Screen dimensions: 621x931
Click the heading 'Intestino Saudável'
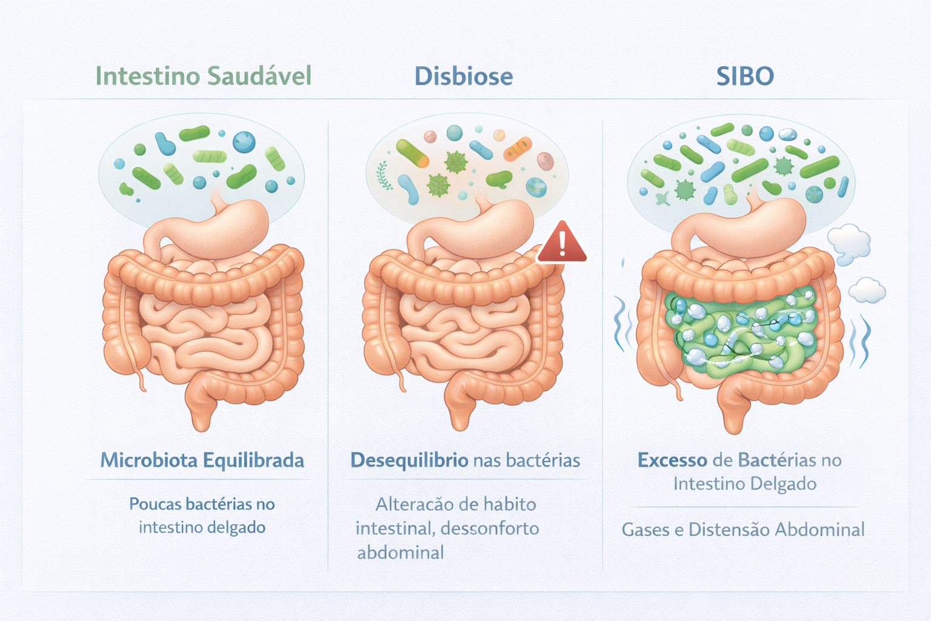[204, 76]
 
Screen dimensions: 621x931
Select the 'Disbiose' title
[464, 76]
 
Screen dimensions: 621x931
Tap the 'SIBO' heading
[745, 76]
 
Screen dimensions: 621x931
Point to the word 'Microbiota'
[148, 460]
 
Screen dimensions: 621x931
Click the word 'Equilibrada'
[253, 460]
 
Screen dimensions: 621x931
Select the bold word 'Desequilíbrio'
[409, 460]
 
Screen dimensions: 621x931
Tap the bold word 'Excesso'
[672, 460]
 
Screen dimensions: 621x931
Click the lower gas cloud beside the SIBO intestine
[867, 290]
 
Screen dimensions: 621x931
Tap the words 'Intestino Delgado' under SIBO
[745, 484]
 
